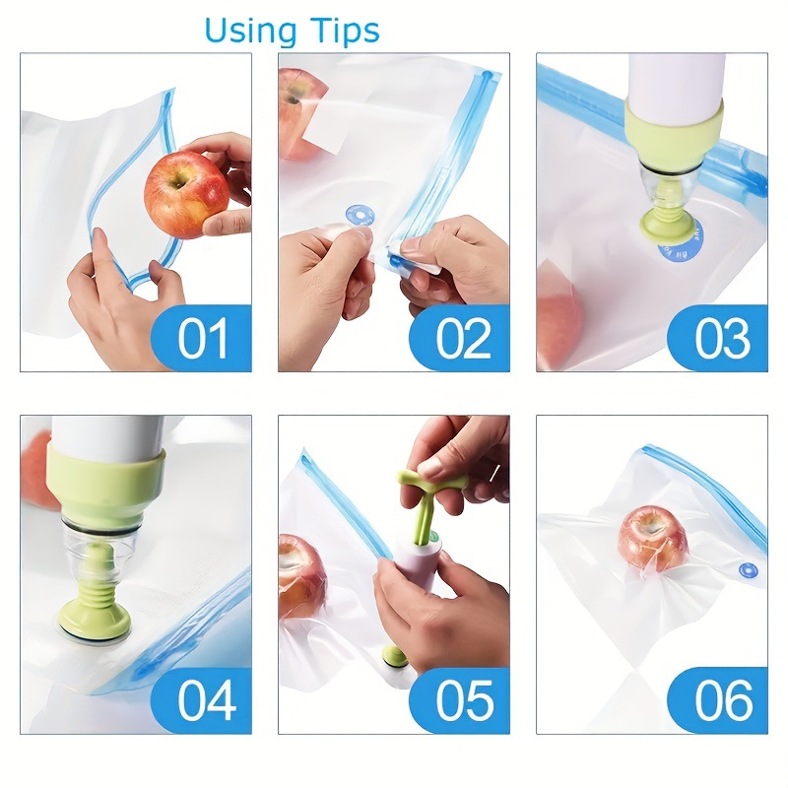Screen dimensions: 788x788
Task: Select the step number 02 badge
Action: pos(462,338)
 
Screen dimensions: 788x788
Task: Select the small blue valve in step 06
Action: pos(749,570)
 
